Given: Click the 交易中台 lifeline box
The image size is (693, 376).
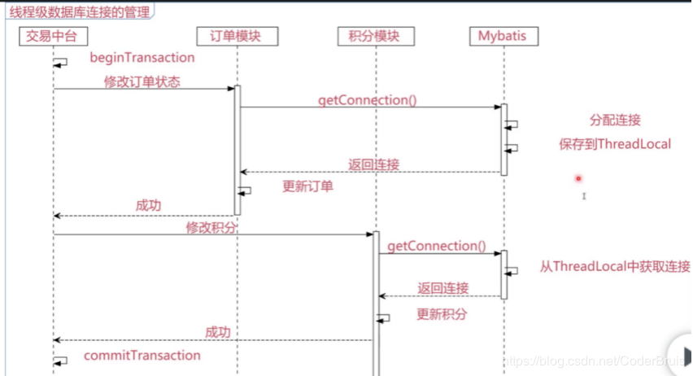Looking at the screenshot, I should [53, 37].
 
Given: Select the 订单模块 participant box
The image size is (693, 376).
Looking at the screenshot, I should [237, 37].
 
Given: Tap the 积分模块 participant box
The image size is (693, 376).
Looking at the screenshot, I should [375, 37].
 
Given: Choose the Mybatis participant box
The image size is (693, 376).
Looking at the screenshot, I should [503, 37].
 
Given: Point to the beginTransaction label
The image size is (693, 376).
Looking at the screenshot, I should [142, 58].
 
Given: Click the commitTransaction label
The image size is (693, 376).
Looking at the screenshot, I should [142, 356].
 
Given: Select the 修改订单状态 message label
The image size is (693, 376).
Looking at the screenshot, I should [142, 81].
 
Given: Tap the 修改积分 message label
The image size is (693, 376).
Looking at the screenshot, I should [211, 228].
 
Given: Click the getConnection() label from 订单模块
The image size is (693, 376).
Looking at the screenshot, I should [368, 100].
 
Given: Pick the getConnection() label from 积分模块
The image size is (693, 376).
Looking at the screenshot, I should [436, 246].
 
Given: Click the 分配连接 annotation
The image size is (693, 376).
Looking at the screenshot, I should [615, 120].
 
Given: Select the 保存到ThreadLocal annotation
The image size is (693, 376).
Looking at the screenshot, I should [614, 144].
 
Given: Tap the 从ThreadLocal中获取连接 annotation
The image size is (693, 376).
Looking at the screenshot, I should [615, 267].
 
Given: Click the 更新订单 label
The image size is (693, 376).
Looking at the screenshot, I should [307, 186].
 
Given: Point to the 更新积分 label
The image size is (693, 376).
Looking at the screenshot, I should [442, 314].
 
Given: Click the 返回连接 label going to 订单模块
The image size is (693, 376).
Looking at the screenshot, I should [374, 164].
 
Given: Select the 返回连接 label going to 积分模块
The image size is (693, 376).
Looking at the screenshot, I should [443, 289].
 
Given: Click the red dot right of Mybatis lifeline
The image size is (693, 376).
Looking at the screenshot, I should [578, 178].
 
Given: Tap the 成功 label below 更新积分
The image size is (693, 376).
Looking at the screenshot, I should [217, 332].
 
